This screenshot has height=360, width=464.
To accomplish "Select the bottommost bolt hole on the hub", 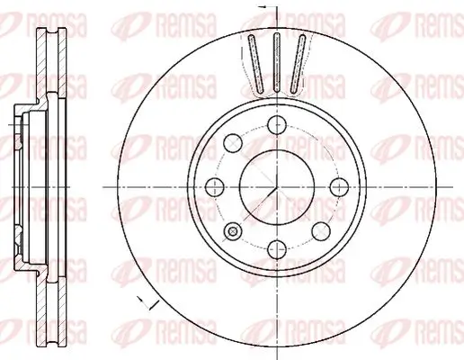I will [275, 246].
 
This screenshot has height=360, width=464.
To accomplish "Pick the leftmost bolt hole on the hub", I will [215, 186].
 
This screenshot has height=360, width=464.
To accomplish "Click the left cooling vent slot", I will [254, 63].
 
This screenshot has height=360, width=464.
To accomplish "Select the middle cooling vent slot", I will [276, 61].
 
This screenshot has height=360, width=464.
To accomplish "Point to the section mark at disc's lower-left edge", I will [140, 299].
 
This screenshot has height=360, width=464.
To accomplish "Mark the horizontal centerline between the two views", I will [99, 186].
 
